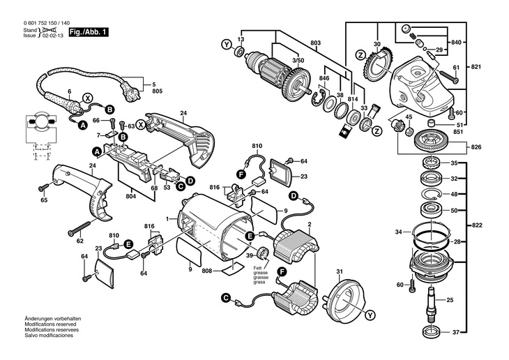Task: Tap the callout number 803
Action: [316, 44]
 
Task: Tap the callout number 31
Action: [340, 271]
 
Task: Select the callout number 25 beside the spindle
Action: [450, 299]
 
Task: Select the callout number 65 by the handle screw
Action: [45, 200]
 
